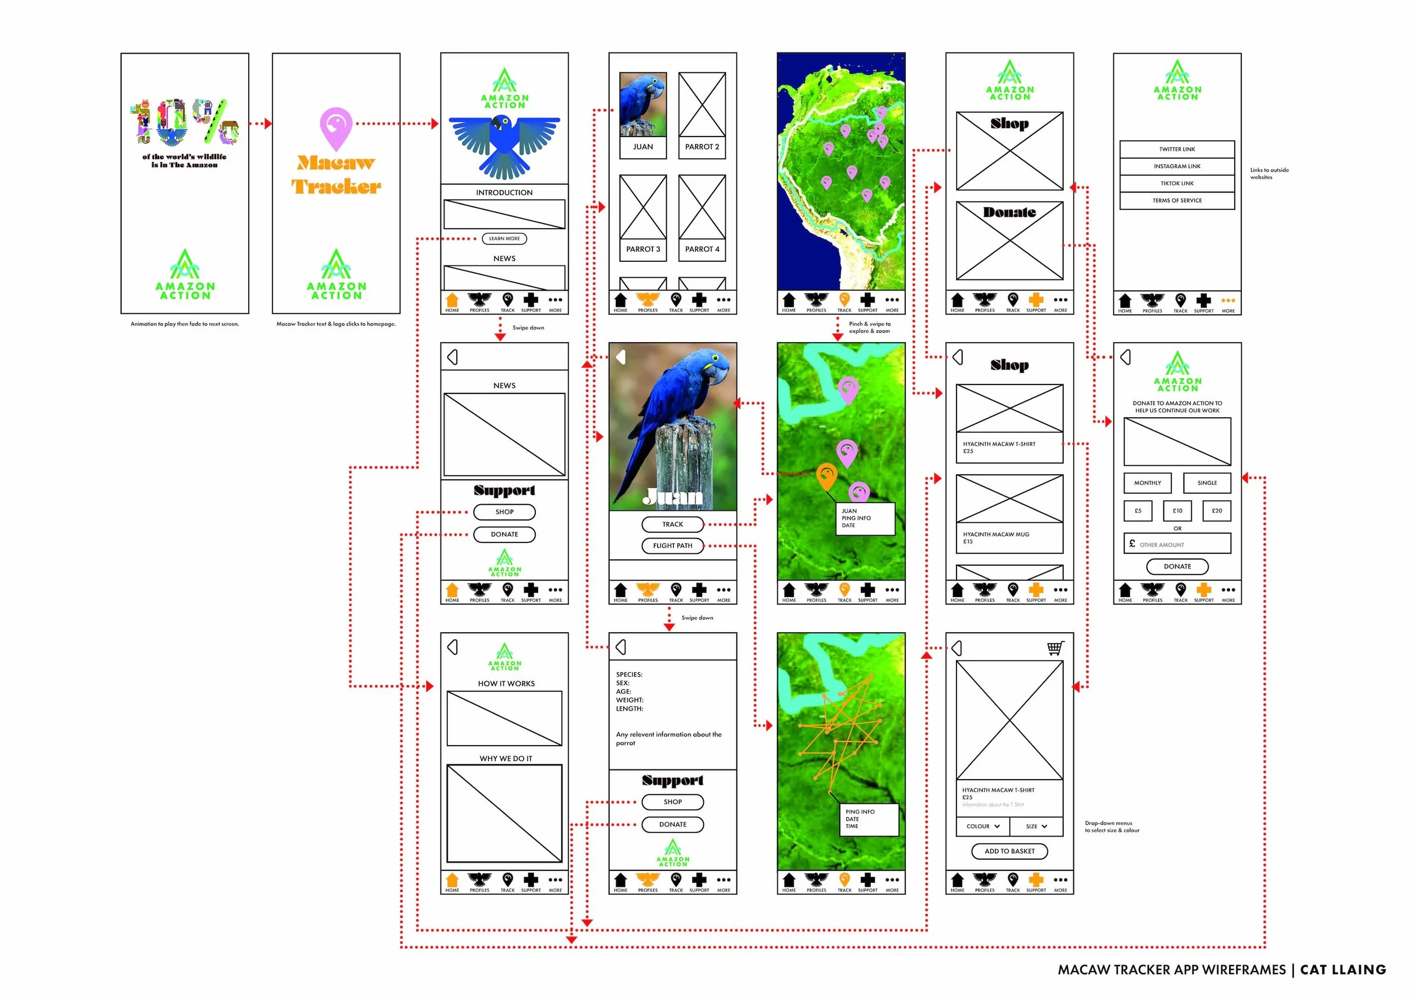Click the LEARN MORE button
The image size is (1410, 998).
pos(504,238)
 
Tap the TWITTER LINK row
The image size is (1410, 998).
pos(1177,150)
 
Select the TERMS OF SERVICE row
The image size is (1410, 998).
pos(1177,201)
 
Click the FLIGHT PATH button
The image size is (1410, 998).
pos(672,546)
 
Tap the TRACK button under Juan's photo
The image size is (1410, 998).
pos(672,524)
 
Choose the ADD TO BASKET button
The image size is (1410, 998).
pos(1009,851)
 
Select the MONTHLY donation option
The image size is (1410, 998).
pos(1147,483)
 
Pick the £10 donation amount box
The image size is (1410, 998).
pos(1177,511)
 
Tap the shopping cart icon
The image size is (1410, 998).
pos(1055,649)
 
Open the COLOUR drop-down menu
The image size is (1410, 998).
pos(982,826)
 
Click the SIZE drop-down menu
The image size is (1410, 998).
pos(1036,826)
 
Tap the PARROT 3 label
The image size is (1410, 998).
pos(643,249)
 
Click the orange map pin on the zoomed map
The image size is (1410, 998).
pos(827,475)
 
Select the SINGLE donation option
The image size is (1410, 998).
pos(1207,483)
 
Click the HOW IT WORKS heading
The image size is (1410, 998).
pos(506,684)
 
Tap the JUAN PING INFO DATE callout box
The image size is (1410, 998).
pos(865,519)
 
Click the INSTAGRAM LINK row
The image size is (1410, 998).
pos(1177,167)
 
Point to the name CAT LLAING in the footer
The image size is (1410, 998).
pos(1342,970)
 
